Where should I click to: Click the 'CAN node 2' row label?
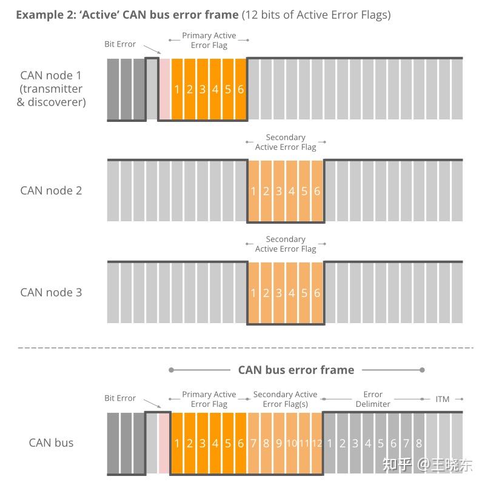click(51, 190)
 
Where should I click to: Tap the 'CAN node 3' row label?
click(51, 292)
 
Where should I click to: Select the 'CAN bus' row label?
click(51, 443)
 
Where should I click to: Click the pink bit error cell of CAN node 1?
click(164, 90)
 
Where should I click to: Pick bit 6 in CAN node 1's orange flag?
click(241, 90)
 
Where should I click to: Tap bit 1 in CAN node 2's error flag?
click(253, 192)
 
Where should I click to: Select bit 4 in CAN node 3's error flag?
click(292, 293)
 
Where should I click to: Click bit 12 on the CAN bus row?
click(316, 443)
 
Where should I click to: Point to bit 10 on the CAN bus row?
click(292, 443)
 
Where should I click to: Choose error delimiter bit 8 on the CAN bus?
click(419, 443)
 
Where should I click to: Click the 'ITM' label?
click(443, 399)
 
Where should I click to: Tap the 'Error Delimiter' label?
click(373, 399)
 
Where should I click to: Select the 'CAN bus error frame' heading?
click(296, 370)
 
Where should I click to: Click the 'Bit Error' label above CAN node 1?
click(120, 44)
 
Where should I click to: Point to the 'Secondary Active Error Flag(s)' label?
click(285, 399)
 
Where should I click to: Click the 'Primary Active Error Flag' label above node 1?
click(209, 40)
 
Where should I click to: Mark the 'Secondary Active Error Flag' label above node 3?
click(286, 244)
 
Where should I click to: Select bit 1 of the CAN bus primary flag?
click(177, 443)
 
